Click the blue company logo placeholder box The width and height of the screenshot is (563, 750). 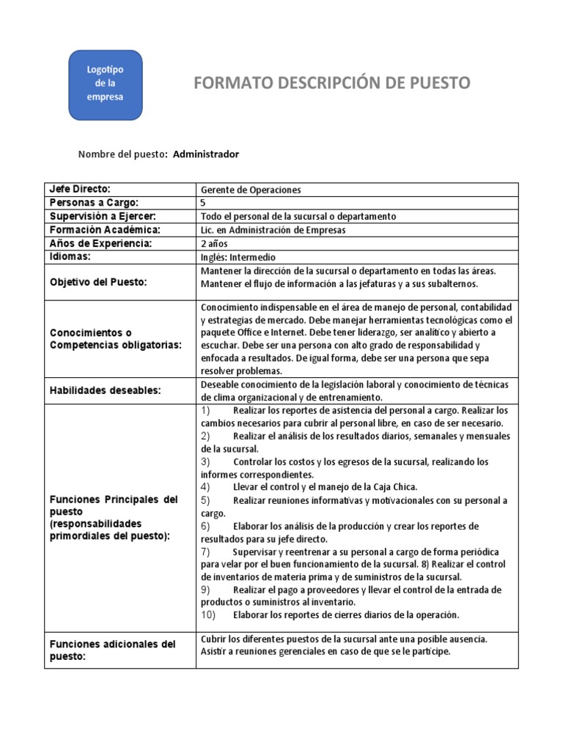click(105, 85)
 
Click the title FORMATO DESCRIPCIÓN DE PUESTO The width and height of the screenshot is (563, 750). click(331, 83)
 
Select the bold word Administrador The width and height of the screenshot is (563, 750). click(206, 154)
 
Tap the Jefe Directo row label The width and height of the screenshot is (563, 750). click(80, 190)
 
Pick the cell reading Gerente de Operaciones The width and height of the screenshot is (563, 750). click(251, 190)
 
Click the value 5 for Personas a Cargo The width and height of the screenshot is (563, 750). click(203, 203)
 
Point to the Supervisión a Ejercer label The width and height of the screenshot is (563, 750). click(103, 216)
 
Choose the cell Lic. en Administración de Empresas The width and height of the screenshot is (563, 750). click(273, 230)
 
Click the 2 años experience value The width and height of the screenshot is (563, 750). click(213, 243)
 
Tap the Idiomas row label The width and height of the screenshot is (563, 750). click(72, 257)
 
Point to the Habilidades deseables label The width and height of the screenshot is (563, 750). click(105, 390)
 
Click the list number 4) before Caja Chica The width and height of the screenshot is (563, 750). click(206, 487)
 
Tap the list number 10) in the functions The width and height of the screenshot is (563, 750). click(208, 615)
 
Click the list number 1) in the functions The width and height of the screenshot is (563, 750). click(206, 410)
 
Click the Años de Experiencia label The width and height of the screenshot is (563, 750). click(100, 243)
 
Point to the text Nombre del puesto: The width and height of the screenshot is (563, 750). click(123, 154)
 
